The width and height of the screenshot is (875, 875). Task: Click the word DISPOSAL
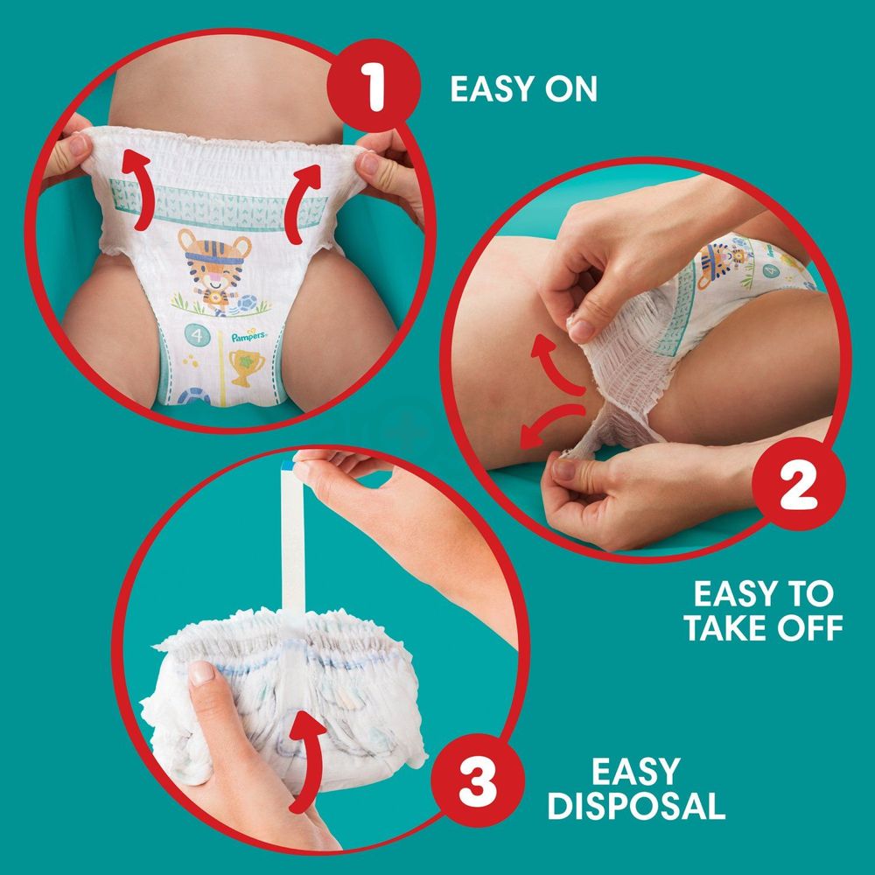636,805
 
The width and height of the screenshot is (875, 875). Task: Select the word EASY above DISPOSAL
636,771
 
